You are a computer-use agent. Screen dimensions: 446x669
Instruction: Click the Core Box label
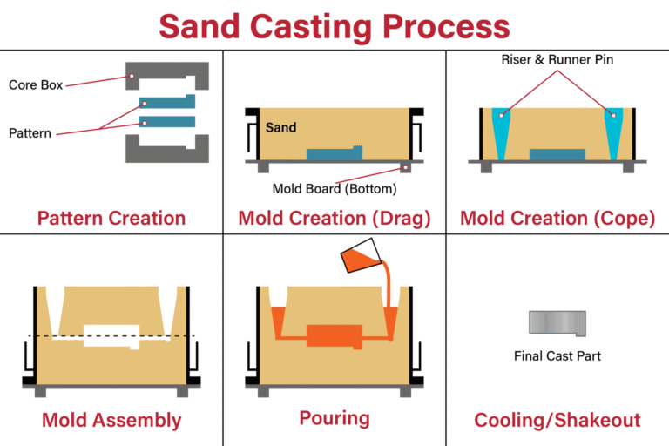34,84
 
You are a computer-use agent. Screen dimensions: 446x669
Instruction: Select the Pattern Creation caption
111,218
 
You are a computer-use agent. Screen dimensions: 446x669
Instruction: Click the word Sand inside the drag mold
280,127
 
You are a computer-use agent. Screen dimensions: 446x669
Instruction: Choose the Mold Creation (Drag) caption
334,218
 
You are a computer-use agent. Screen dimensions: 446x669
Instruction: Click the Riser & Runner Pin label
557,60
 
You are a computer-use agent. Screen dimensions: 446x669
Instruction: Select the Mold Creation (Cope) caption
557,218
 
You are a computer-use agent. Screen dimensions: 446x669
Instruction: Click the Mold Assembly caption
110,420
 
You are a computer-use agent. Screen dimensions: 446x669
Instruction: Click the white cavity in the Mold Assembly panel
111,335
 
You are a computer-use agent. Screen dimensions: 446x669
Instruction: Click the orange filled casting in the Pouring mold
334,335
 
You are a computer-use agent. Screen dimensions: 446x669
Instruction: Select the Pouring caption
334,418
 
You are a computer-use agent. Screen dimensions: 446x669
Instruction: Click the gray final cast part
557,322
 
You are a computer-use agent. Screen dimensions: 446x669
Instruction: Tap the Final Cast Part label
557,355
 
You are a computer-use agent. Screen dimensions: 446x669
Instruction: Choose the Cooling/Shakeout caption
557,420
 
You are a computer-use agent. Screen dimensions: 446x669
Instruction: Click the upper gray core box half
169,70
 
